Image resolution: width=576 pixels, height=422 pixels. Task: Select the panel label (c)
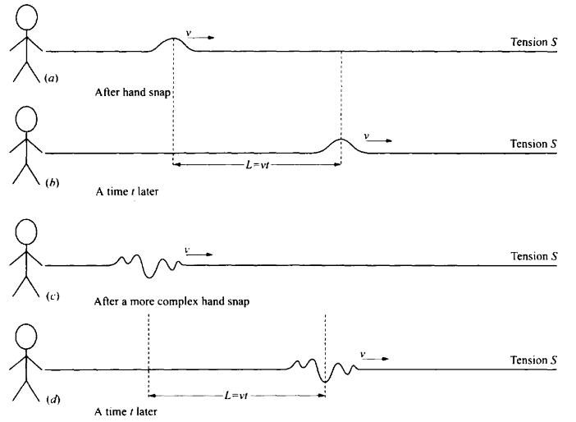51,293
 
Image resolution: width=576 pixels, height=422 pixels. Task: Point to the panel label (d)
51,400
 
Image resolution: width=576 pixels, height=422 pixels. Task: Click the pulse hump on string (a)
173,43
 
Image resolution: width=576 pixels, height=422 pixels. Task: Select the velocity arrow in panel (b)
377,140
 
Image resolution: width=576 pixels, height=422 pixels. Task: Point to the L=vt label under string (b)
257,165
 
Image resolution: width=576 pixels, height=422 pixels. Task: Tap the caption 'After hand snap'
132,91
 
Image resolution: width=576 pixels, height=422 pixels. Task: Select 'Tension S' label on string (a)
533,42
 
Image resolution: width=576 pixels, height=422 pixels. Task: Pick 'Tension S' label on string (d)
533,360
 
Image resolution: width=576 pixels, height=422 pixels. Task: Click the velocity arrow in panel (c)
199,254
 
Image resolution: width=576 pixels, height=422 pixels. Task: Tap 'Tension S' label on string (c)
533,256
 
